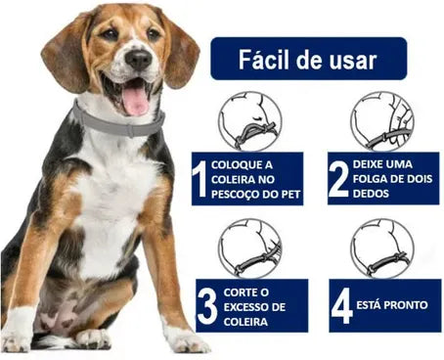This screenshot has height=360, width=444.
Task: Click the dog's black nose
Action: pyautogui.click(x=139, y=60)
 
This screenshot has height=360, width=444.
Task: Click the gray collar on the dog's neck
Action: pyautogui.click(x=119, y=122)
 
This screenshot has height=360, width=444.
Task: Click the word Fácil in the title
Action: pyautogui.click(x=263, y=60)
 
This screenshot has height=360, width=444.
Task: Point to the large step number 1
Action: pyautogui.click(x=200, y=179)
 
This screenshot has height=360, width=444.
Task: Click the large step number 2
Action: pyautogui.click(x=338, y=179)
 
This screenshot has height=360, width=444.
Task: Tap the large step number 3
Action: pyautogui.click(x=207, y=305)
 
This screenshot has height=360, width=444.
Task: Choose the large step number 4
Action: pyautogui.click(x=342, y=305)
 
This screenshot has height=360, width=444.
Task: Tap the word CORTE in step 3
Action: pyautogui.click(x=240, y=292)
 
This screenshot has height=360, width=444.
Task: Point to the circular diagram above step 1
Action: pyautogui.click(x=249, y=122)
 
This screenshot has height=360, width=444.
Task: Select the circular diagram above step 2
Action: pyautogui.click(x=382, y=121)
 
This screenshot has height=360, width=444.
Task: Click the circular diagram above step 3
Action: pyautogui.click(x=249, y=248)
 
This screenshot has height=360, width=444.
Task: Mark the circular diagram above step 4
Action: pyautogui.click(x=382, y=248)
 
